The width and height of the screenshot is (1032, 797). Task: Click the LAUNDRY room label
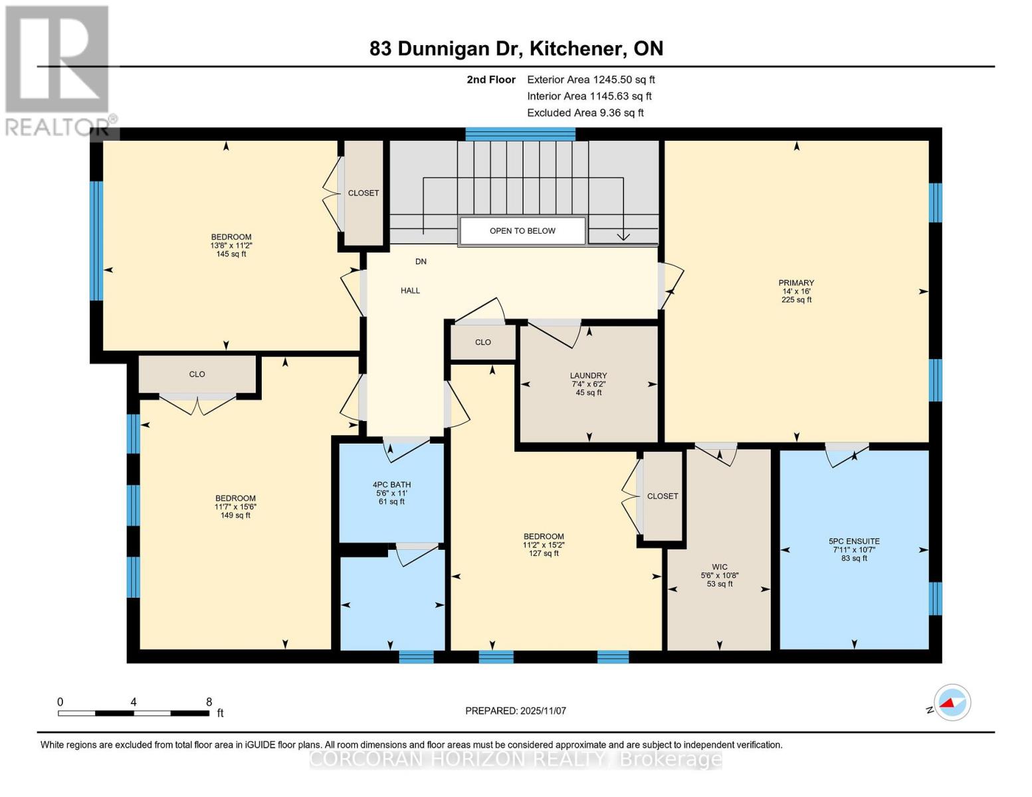tap(588, 376)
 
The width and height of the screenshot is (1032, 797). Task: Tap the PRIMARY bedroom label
tap(796, 283)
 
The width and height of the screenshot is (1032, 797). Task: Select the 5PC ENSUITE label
tap(854, 541)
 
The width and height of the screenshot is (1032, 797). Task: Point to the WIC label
tap(719, 567)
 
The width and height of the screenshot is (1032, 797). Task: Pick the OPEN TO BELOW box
tap(522, 231)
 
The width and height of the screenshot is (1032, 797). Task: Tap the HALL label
tap(410, 291)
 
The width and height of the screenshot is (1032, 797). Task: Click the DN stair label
tap(421, 262)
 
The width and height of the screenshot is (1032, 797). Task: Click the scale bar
tap(134, 713)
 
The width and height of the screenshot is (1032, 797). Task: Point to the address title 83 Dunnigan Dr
tap(516, 48)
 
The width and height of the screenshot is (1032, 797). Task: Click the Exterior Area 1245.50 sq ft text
tap(590, 80)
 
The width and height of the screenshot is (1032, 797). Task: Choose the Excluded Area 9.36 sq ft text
tap(585, 113)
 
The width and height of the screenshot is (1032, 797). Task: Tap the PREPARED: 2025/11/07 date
tap(515, 711)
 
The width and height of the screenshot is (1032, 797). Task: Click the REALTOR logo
tap(58, 70)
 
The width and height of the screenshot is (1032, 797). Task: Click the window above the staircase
tap(520, 134)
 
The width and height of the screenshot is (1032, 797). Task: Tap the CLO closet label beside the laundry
tap(482, 343)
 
